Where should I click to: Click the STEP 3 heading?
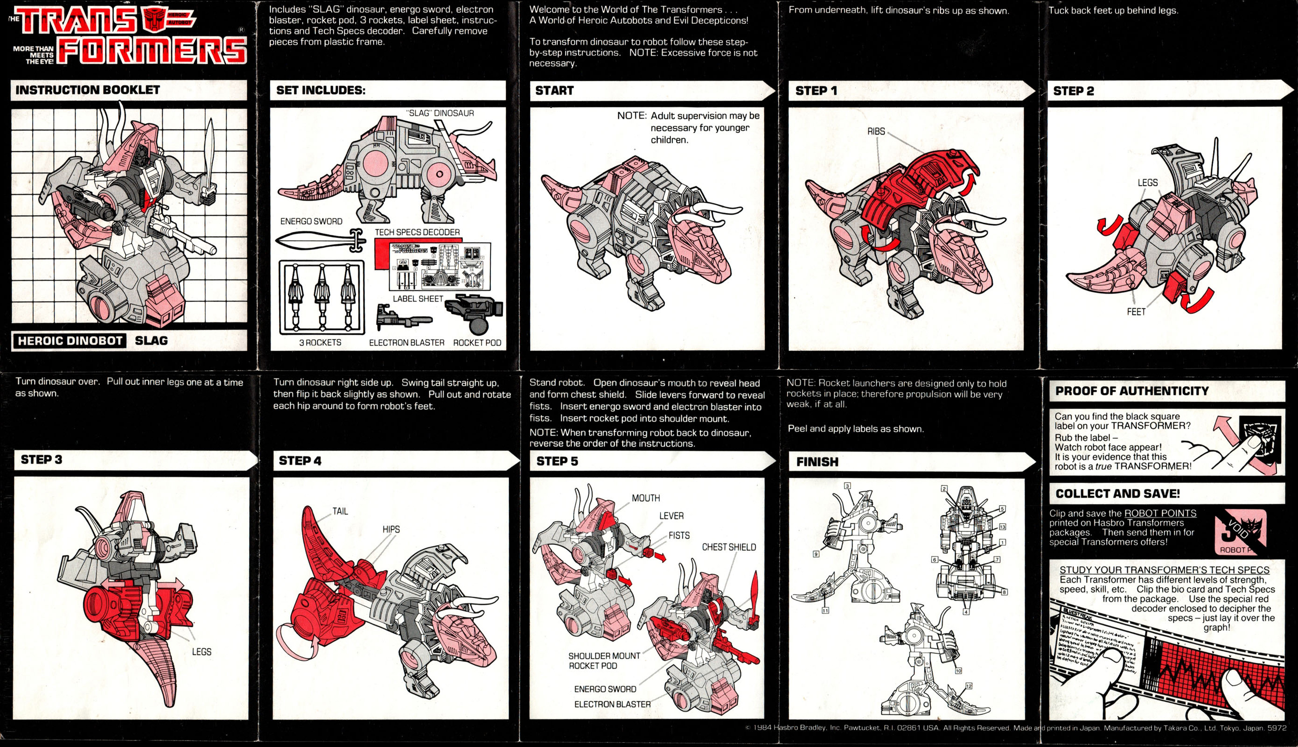(x=42, y=460)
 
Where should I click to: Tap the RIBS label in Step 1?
(x=876, y=131)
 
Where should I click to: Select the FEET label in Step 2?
(x=1136, y=311)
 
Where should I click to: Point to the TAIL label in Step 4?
(x=340, y=511)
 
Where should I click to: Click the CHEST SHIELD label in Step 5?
(x=728, y=547)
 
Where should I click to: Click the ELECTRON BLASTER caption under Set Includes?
(x=406, y=342)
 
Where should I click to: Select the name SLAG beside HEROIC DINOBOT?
(x=151, y=340)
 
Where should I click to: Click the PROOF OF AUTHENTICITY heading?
(x=1131, y=391)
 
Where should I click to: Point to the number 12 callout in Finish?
(x=969, y=686)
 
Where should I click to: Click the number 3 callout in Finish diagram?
(x=847, y=486)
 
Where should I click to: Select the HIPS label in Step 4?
(x=391, y=529)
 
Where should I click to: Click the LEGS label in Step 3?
(x=202, y=652)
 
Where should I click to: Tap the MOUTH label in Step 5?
(x=645, y=498)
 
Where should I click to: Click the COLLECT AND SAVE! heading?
(x=1117, y=493)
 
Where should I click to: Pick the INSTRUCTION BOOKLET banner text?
(x=88, y=90)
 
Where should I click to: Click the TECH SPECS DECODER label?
(x=417, y=232)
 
